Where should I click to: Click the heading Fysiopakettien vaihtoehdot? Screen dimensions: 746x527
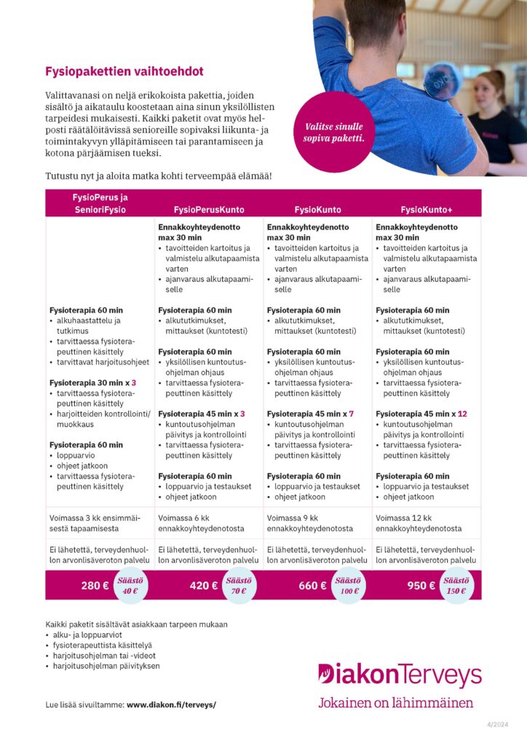(x=124, y=72)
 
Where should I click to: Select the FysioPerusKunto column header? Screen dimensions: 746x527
(x=208, y=210)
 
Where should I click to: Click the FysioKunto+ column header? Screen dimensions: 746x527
(x=427, y=210)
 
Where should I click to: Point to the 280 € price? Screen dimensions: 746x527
(x=95, y=585)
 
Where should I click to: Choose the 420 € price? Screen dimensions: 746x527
(x=204, y=585)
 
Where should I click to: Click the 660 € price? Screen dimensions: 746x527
(x=313, y=585)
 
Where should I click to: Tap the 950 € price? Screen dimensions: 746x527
(x=421, y=585)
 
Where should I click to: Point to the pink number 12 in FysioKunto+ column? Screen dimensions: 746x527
(x=462, y=414)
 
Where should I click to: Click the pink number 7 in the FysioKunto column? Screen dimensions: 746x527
(x=351, y=414)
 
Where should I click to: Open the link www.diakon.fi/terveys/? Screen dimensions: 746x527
(x=171, y=705)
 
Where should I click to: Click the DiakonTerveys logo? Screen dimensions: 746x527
(x=400, y=675)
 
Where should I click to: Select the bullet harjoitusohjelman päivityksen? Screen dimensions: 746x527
(x=106, y=666)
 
